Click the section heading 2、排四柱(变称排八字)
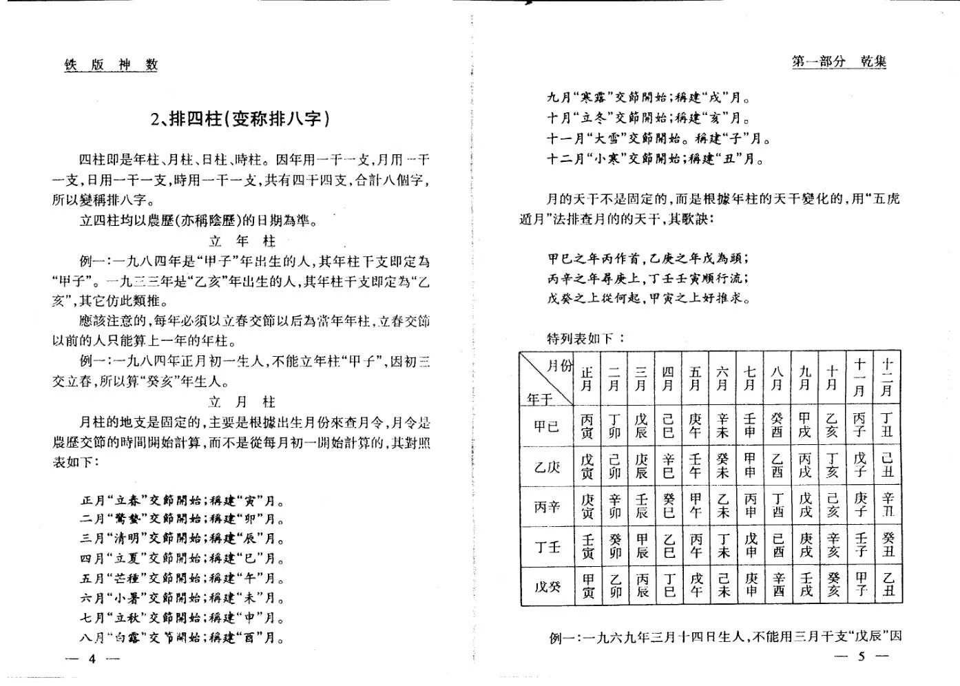pyautogui.click(x=240, y=119)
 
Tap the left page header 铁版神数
pyautogui.click(x=112, y=65)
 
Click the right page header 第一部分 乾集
pyautogui.click(x=839, y=61)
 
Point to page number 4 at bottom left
pyautogui.click(x=92, y=658)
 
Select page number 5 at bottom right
pyautogui.click(x=861, y=656)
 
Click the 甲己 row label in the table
pyautogui.click(x=547, y=426)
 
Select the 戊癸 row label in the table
pyautogui.click(x=547, y=587)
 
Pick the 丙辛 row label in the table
pyautogui.click(x=547, y=507)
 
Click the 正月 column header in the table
pyautogui.click(x=587, y=379)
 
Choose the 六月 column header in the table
pyautogui.click(x=722, y=379)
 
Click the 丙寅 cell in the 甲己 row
pyautogui.click(x=587, y=426)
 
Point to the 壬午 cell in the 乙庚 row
pyautogui.click(x=695, y=466)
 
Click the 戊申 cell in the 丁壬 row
pyautogui.click(x=751, y=546)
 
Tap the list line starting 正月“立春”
pyautogui.click(x=182, y=501)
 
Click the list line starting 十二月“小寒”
pyautogui.click(x=655, y=159)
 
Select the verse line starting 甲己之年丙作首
pyautogui.click(x=648, y=258)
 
